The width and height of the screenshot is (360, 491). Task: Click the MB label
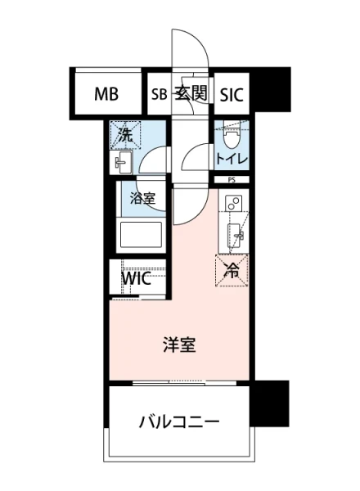click(106, 94)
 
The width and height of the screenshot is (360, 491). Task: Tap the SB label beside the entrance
click(159, 94)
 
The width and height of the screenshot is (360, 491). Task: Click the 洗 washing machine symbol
click(126, 133)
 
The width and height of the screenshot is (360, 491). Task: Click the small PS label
click(233, 180)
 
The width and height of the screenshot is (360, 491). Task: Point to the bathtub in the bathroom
click(139, 237)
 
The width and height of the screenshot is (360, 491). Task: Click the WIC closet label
click(136, 277)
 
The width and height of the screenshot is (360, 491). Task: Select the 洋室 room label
click(179, 345)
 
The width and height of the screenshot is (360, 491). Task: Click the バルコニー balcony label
click(179, 422)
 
